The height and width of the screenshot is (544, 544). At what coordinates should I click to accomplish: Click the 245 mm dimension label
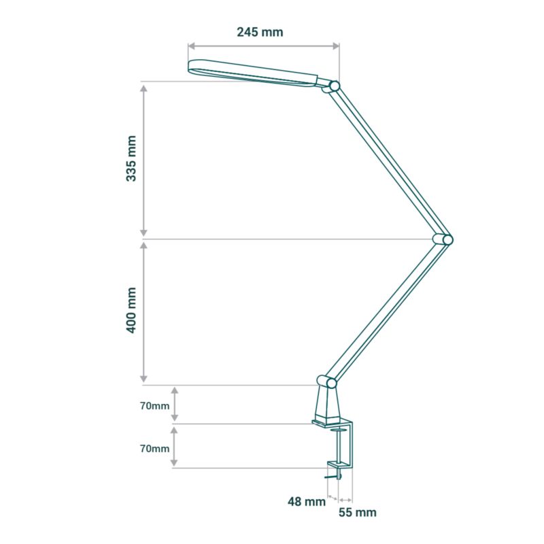click(260, 32)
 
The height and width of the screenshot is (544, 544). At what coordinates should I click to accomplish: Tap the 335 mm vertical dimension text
click(131, 158)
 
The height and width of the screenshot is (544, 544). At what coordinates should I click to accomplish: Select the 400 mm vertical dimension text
click(131, 310)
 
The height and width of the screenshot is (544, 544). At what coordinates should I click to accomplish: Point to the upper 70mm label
click(154, 405)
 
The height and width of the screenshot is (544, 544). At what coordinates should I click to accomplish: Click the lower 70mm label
click(154, 449)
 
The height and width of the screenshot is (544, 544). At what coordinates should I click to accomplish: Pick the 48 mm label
click(307, 501)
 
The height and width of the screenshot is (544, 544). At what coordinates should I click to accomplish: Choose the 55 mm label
click(358, 513)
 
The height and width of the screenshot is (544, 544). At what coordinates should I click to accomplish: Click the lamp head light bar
click(252, 73)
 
